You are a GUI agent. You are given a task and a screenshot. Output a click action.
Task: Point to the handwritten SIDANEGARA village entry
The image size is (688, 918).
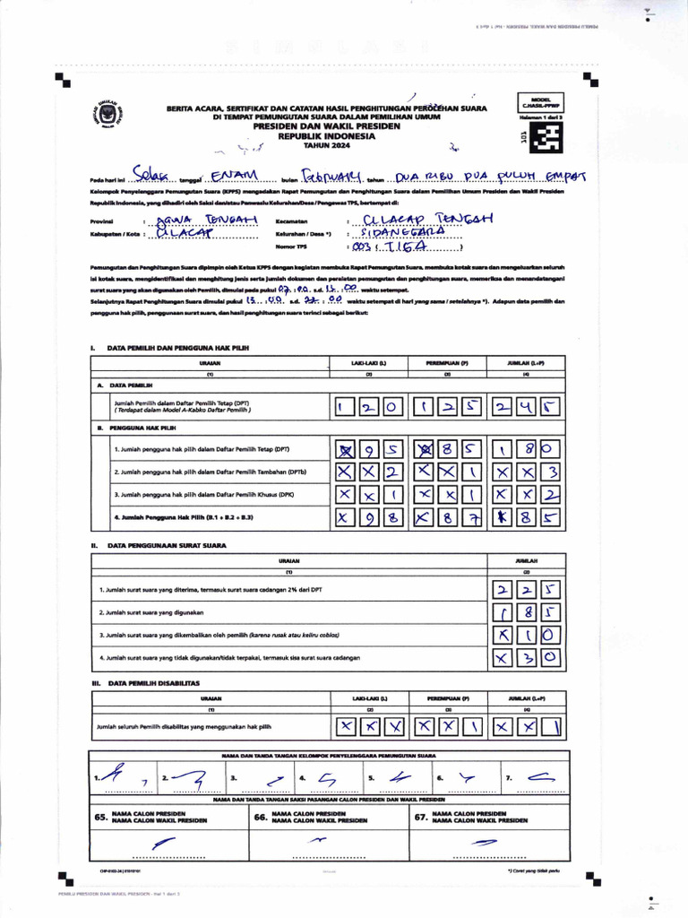click(x=400, y=232)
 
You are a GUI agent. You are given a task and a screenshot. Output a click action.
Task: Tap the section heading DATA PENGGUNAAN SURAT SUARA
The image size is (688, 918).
click(x=167, y=545)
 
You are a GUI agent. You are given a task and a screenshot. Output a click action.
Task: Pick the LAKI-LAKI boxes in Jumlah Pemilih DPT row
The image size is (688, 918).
click(x=369, y=408)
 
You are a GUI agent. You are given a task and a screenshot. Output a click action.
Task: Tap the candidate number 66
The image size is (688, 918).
click(x=261, y=818)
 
